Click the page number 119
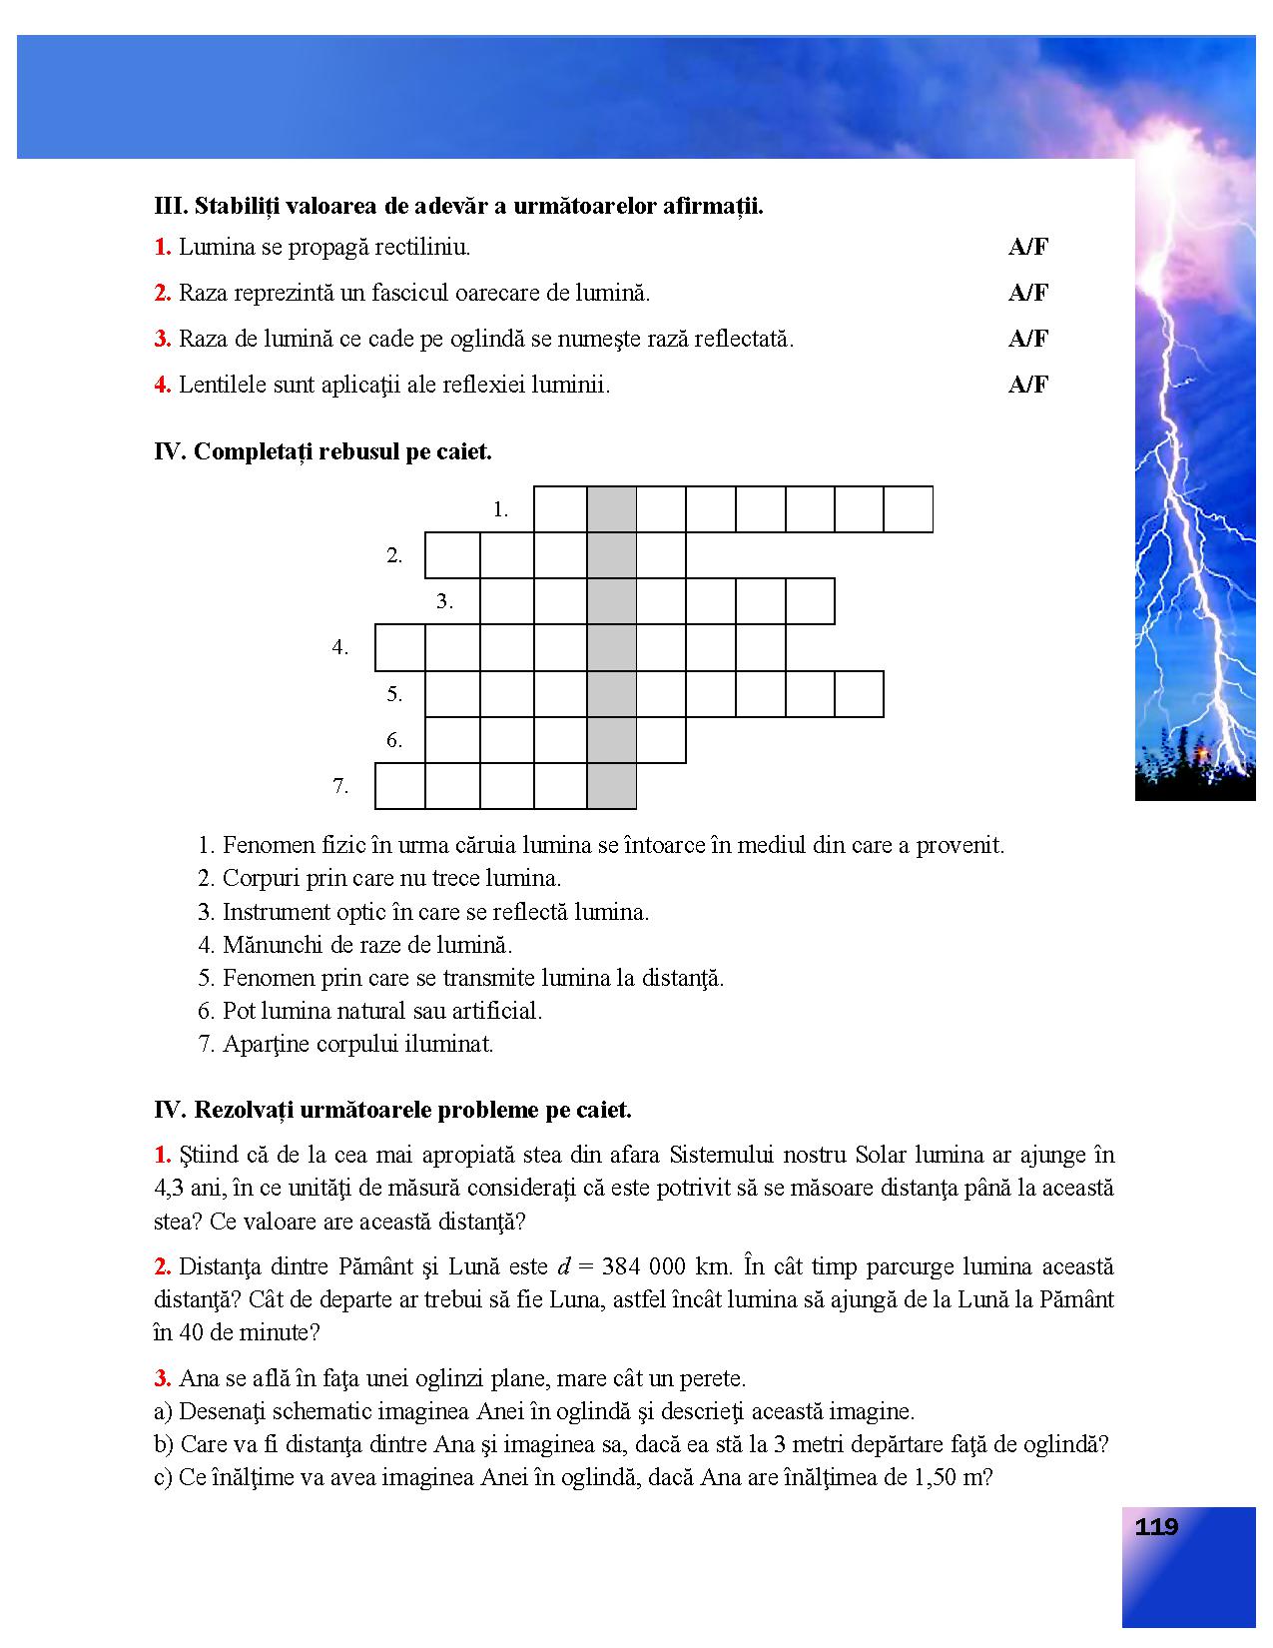[x=1156, y=1527]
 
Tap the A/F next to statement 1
[x=1027, y=248]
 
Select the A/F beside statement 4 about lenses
[x=1027, y=385]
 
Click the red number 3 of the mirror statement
[x=162, y=339]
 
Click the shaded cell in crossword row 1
[x=611, y=509]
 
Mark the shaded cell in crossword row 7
[x=611, y=786]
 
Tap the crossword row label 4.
[x=340, y=647]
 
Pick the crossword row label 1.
[x=500, y=509]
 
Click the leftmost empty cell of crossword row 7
[x=400, y=786]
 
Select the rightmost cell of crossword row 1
[x=909, y=509]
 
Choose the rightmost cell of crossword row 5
[x=859, y=694]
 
